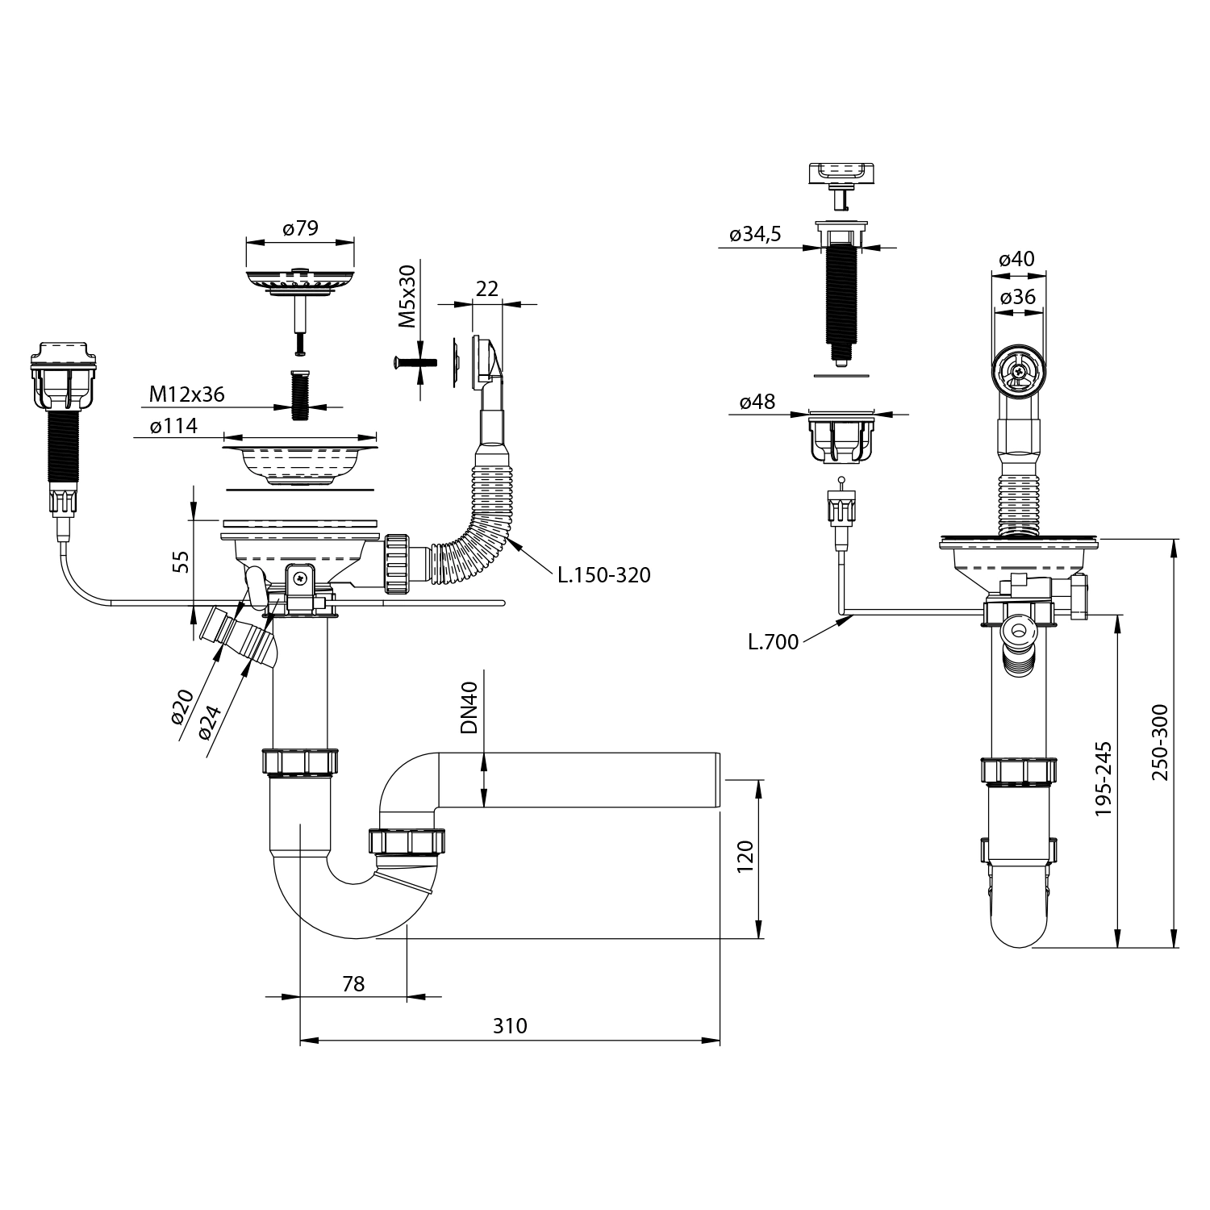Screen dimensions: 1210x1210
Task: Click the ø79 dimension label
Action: (300, 228)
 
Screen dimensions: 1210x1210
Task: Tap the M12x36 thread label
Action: (186, 394)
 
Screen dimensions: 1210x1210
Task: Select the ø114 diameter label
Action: (173, 425)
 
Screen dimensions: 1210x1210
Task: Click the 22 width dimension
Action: (486, 288)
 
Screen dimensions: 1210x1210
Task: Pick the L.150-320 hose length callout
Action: (603, 575)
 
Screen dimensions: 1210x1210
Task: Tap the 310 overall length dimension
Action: (510, 1025)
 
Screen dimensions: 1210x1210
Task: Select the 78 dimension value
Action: (353, 983)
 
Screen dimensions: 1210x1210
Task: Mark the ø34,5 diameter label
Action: (755, 235)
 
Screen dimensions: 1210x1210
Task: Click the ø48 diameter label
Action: (757, 401)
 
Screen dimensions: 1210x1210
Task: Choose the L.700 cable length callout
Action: (773, 642)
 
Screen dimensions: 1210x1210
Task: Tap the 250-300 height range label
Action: (1159, 742)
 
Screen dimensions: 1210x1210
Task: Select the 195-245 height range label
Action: (1103, 778)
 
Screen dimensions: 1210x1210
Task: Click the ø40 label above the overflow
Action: (1016, 259)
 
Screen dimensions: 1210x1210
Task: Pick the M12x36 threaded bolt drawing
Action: (299, 394)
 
